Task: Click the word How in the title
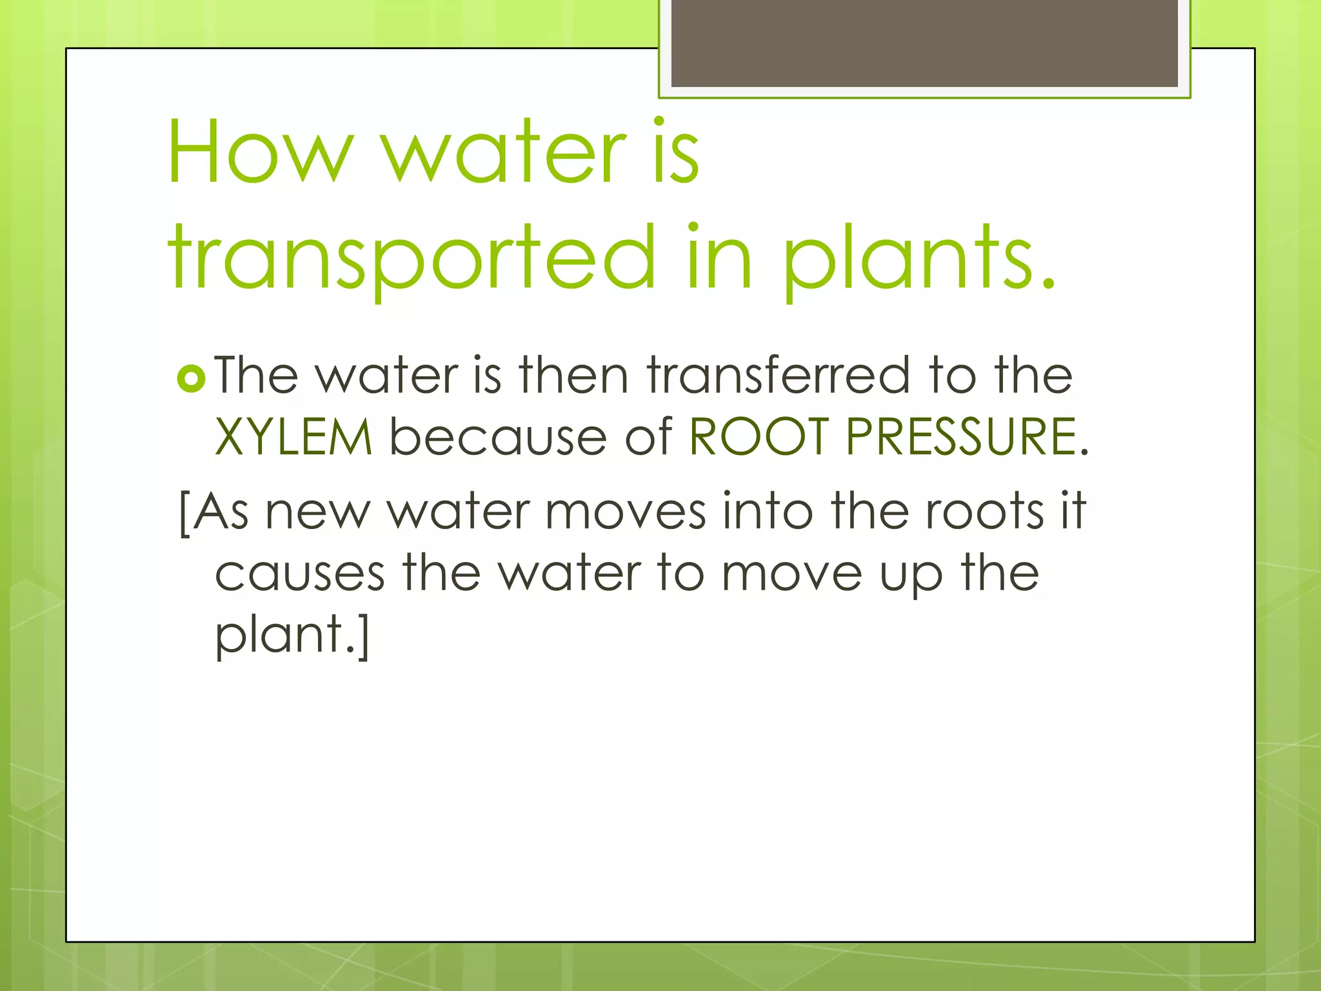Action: point(261,152)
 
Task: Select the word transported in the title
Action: point(412,258)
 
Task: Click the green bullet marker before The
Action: point(190,378)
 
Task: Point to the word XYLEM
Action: point(293,437)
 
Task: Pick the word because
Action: point(498,437)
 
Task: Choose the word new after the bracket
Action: point(317,512)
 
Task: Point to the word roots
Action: point(984,512)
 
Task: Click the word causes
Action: point(300,574)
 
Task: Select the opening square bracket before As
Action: point(184,514)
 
